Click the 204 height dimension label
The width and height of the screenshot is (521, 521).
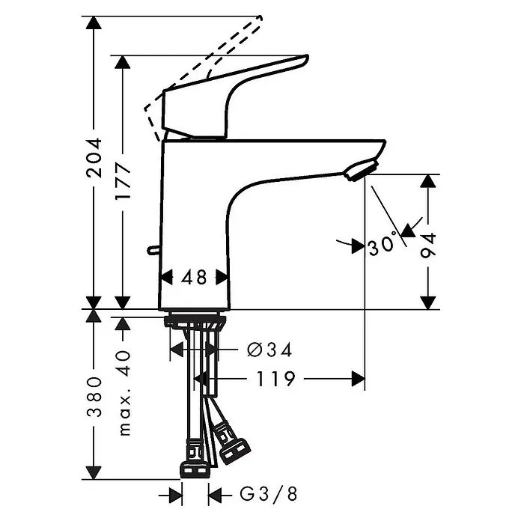94,158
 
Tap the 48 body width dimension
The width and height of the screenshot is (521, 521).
194,277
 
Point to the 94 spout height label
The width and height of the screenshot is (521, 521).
428,246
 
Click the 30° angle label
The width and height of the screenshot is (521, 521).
383,244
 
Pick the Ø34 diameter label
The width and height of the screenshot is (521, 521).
269,350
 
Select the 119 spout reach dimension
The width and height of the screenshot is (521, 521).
275,379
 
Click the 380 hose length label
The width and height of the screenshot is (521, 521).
94,397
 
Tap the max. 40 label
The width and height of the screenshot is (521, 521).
124,392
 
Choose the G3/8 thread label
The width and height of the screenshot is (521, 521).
269,494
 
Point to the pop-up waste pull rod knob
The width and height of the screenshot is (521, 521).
153,250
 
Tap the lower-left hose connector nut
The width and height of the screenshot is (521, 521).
195,469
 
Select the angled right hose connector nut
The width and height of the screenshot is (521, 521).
235,451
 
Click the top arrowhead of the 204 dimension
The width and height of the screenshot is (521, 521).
94,22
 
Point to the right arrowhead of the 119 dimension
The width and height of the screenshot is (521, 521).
358,379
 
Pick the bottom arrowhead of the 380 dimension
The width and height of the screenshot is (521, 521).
94,472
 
